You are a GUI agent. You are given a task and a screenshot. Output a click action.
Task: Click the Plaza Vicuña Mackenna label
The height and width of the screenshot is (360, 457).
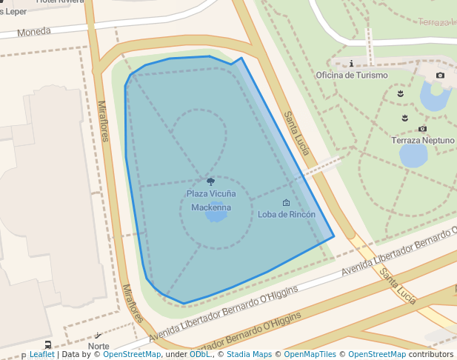(211, 201)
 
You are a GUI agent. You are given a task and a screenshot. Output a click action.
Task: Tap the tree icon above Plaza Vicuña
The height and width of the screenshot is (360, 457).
(211, 181)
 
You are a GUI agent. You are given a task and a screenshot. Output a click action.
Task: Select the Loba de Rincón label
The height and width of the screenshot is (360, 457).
(287, 214)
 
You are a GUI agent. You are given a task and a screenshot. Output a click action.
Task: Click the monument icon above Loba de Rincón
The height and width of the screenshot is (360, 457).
(287, 202)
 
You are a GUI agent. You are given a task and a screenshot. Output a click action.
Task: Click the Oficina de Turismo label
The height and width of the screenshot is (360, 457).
(351, 75)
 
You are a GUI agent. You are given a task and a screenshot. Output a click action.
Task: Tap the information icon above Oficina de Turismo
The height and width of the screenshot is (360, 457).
(351, 64)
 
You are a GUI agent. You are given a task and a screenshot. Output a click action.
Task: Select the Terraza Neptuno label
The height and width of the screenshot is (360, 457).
(423, 140)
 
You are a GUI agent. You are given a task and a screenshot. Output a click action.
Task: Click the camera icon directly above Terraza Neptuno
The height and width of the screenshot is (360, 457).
(422, 129)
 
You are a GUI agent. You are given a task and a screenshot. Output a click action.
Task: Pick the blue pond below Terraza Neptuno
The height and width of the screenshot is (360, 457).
(413, 156)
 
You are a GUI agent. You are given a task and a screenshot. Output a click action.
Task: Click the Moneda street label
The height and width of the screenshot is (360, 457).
(34, 32)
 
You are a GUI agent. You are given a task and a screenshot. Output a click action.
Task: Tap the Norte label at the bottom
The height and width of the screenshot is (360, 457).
(99, 346)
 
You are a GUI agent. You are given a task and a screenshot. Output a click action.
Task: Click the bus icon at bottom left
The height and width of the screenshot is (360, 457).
(48, 344)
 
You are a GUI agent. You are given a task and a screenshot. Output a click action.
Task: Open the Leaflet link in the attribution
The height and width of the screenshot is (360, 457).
(41, 355)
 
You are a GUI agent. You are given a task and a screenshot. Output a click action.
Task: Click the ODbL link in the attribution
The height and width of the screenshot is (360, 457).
(200, 355)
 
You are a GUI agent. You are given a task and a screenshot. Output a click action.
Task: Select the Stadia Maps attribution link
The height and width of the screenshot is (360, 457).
(249, 355)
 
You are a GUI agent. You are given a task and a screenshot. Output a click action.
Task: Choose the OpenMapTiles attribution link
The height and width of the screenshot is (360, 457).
(310, 355)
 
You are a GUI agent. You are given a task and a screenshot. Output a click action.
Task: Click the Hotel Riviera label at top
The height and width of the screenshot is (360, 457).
(60, 2)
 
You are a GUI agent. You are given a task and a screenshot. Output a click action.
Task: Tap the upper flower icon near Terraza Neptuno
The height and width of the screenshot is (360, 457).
(401, 94)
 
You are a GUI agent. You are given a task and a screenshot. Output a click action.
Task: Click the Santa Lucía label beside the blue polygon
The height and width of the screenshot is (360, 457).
(296, 133)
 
